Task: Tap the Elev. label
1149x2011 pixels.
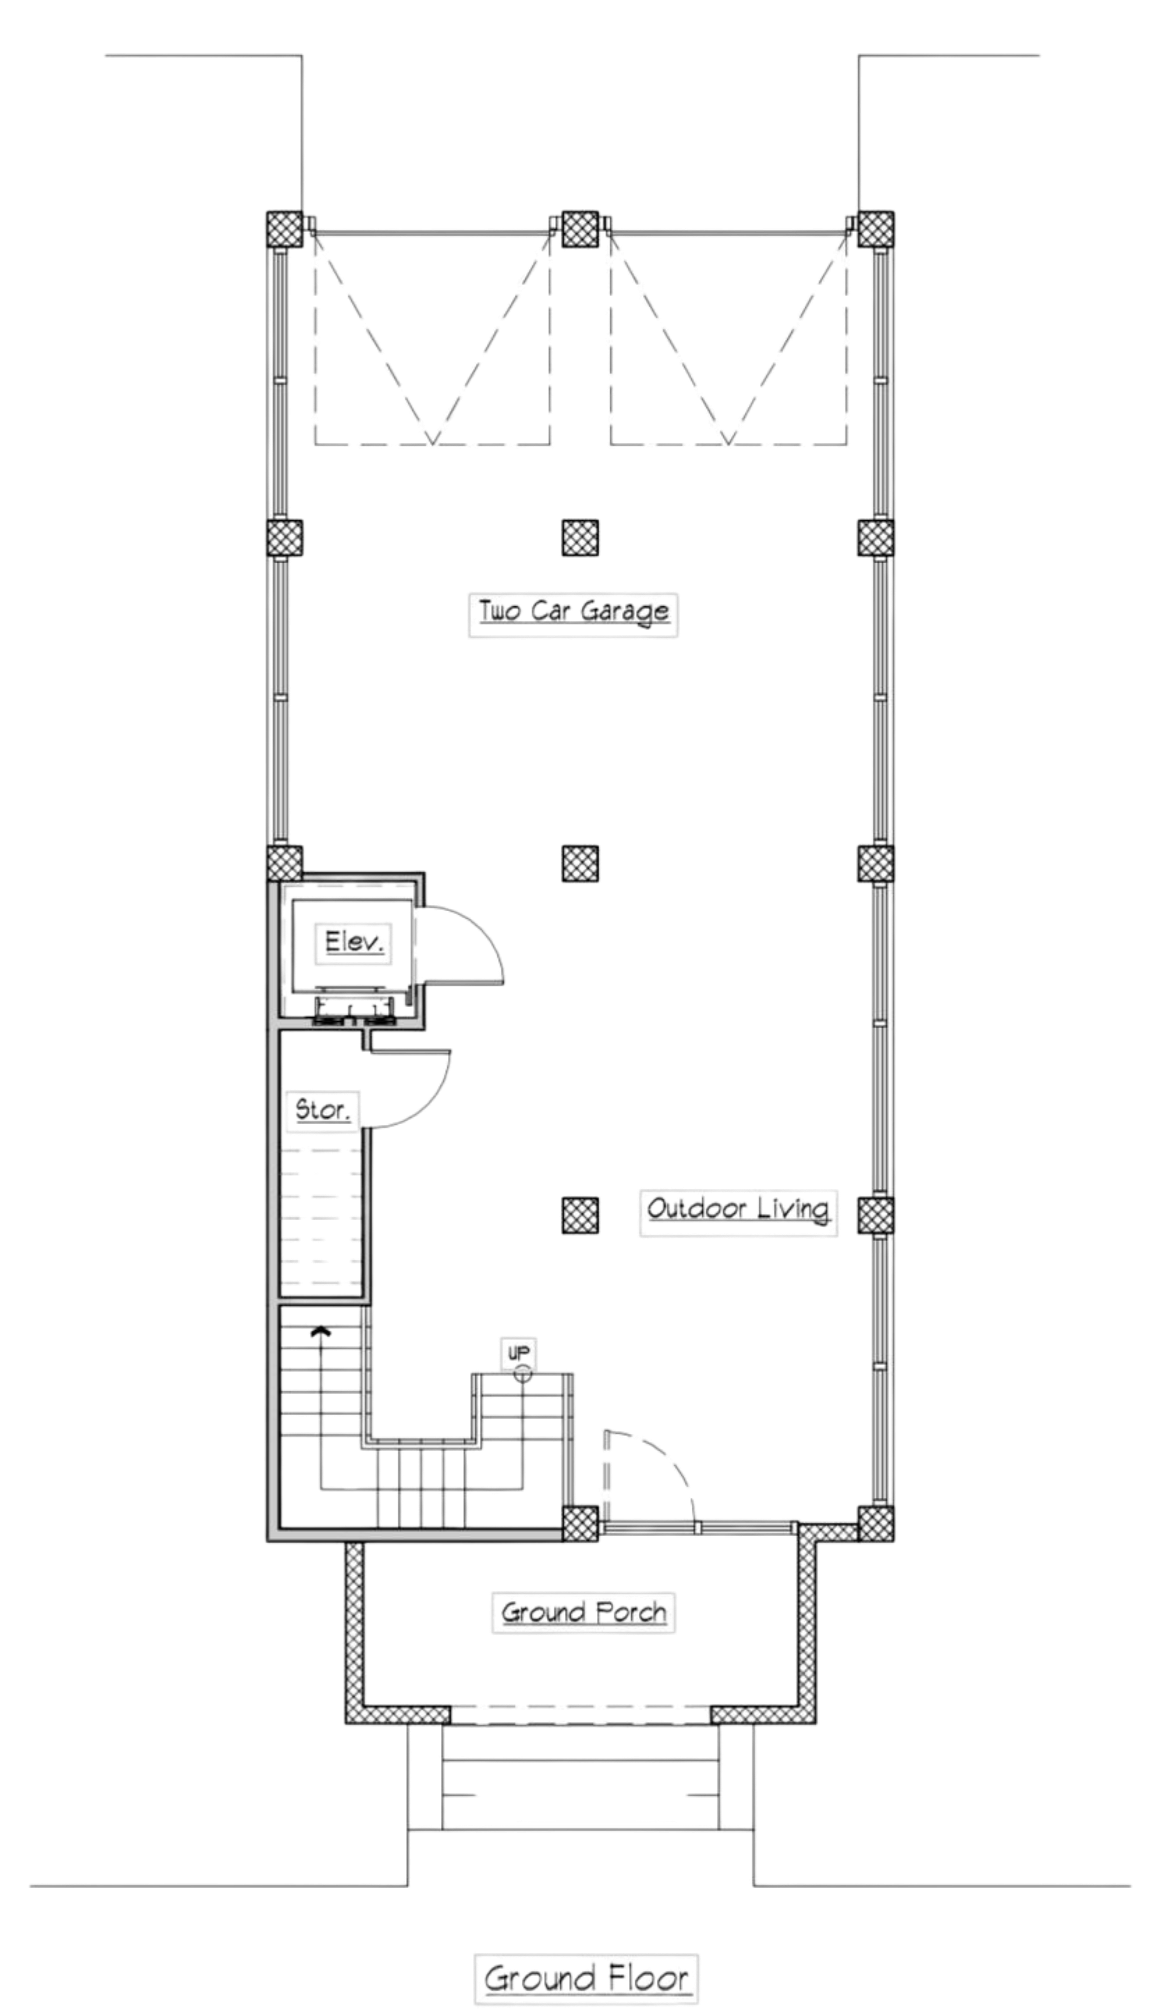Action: pyautogui.click(x=354, y=941)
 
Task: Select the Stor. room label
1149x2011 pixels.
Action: pyautogui.click(x=322, y=1110)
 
